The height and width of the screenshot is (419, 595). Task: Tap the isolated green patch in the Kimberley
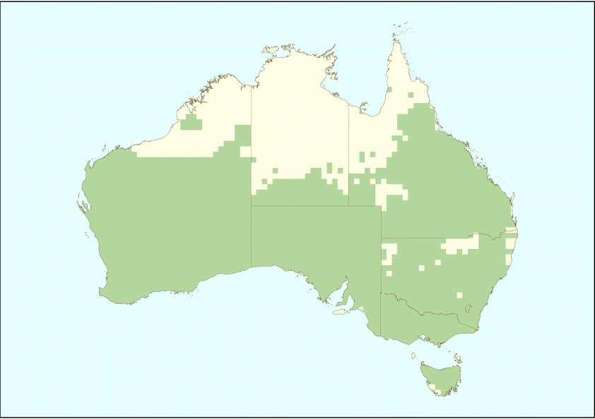(191, 123)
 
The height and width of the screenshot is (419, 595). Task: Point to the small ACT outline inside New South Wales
(470, 308)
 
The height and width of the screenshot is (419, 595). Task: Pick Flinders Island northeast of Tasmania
(458, 358)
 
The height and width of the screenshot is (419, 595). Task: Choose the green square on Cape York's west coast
(389, 90)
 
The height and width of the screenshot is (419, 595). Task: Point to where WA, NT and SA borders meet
(251, 206)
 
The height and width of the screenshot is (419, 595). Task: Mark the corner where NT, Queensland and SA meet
(348, 206)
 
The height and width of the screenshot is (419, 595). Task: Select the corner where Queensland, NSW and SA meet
(382, 238)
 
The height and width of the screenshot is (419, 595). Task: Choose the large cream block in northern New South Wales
(461, 245)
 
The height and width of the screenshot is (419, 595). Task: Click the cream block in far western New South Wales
(387, 253)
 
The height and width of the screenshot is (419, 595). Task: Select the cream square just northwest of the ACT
(459, 295)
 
